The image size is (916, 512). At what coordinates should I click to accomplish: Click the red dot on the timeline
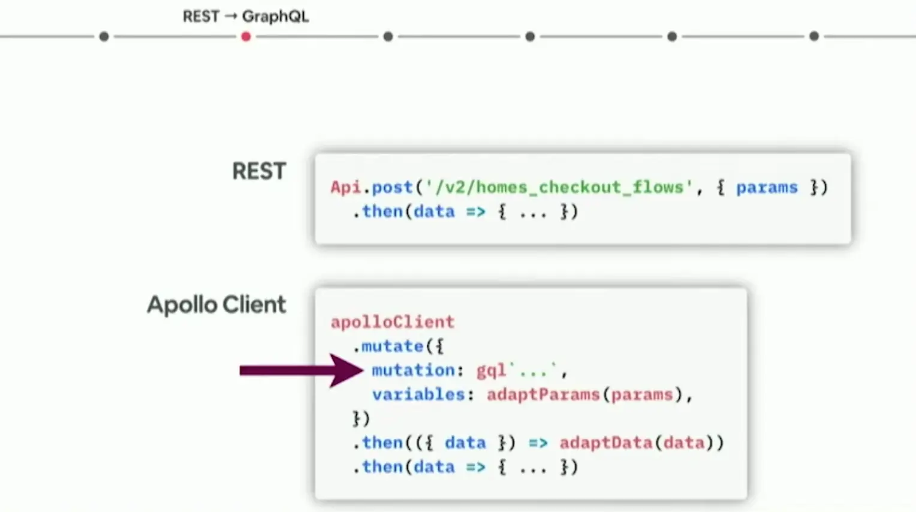[x=246, y=37]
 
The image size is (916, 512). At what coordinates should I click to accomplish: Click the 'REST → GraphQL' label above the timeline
[x=246, y=16]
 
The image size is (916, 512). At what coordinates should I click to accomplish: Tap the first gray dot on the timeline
[x=104, y=37]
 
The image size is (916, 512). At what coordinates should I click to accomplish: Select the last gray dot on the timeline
[x=813, y=37]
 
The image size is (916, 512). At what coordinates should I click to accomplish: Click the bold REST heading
[x=259, y=171]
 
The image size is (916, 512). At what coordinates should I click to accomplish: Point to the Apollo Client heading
[x=216, y=305]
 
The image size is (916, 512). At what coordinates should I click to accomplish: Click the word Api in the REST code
[x=346, y=187]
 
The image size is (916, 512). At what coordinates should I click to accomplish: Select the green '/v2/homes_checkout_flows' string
[x=559, y=187]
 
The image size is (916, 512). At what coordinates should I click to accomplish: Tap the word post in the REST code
[x=392, y=187]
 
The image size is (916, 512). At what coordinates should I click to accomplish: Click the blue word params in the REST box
[x=767, y=187]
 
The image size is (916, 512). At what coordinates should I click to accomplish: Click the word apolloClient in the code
[x=393, y=322]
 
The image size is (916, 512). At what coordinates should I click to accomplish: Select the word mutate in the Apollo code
[x=392, y=346]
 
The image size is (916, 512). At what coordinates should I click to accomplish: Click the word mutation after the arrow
[x=413, y=371]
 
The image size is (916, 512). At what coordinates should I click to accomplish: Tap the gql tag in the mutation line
[x=491, y=371]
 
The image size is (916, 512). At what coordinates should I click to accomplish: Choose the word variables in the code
[x=418, y=394]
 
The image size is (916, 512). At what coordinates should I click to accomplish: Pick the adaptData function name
[x=606, y=442]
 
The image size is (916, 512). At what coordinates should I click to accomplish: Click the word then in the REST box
[x=382, y=212]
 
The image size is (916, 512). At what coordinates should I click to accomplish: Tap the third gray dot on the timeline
[x=530, y=37]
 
